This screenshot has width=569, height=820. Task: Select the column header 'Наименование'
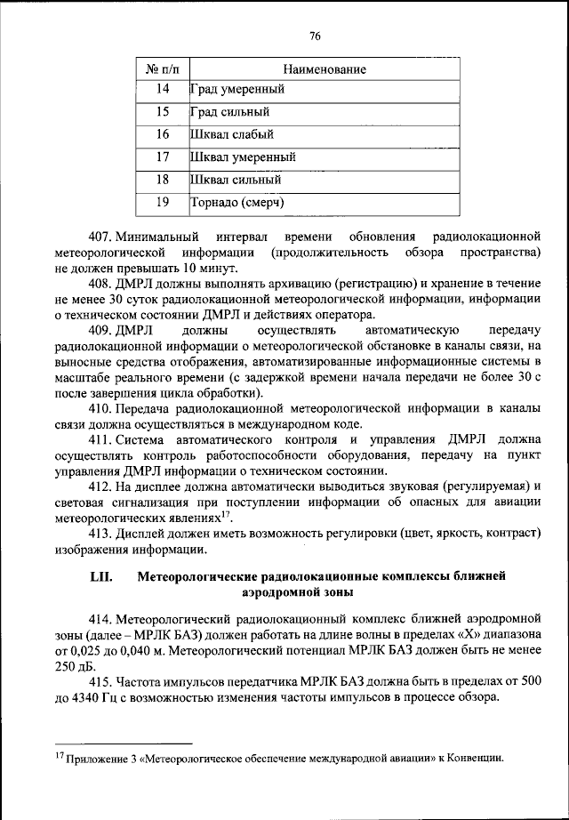[324, 68]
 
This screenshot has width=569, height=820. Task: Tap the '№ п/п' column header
[162, 68]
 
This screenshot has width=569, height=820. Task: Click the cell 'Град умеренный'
[237, 90]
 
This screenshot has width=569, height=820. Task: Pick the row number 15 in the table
[162, 112]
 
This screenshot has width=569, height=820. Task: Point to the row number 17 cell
[162, 157]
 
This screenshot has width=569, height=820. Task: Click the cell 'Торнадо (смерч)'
[237, 203]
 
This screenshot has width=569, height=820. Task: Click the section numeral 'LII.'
[100, 576]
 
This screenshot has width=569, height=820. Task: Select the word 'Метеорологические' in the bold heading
[196, 576]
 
